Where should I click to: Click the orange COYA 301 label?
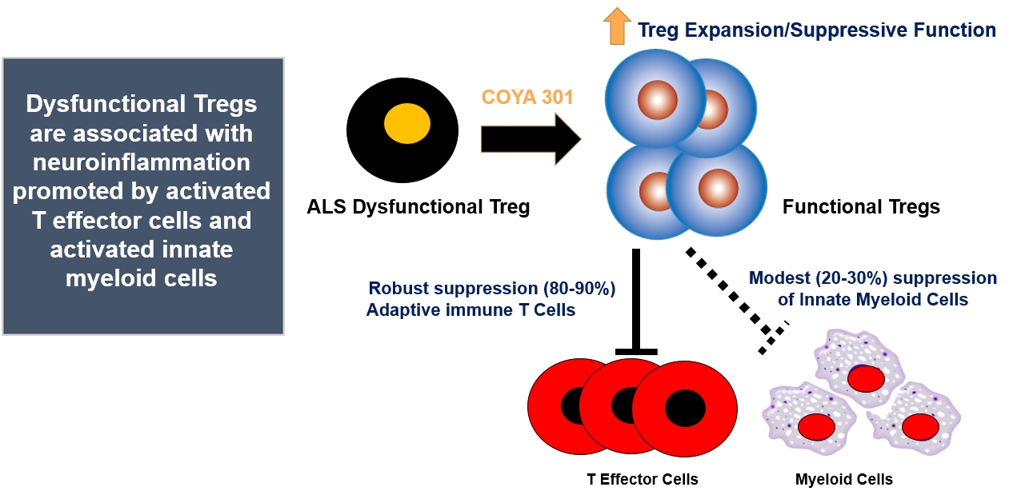[x=527, y=98]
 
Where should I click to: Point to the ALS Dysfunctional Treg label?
[x=418, y=208]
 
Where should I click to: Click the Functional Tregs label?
[x=861, y=207]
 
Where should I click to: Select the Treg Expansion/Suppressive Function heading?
[x=816, y=30]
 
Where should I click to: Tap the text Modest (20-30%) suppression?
[x=873, y=278]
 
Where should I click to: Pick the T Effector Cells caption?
[x=642, y=479]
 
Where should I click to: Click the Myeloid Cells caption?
[x=843, y=480]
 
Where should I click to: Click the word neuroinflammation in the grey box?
[x=142, y=162]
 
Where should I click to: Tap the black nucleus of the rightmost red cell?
[x=685, y=408]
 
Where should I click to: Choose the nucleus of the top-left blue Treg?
[x=657, y=101]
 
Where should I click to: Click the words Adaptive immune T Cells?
[x=470, y=309]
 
